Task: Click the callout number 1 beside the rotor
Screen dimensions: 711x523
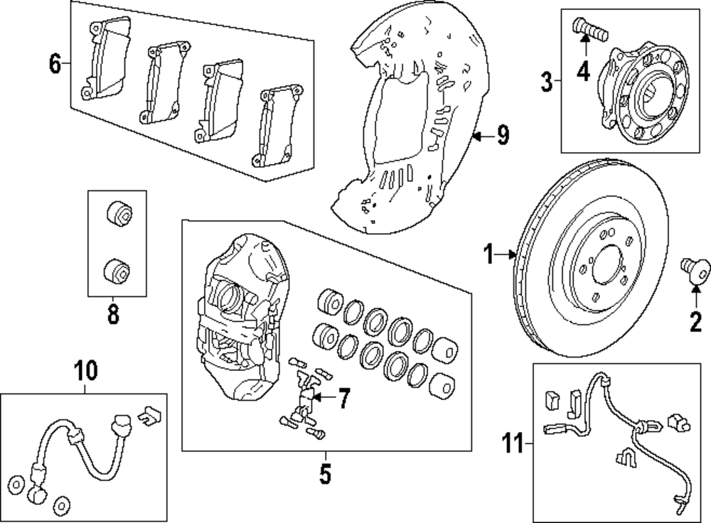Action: click(x=488, y=254)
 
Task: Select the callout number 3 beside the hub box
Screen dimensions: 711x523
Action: click(x=547, y=82)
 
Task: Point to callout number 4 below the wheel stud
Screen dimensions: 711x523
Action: click(x=584, y=71)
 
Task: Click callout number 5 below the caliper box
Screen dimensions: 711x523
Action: click(x=325, y=473)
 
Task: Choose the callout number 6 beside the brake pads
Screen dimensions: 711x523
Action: click(x=55, y=63)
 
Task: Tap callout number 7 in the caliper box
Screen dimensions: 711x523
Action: click(x=344, y=398)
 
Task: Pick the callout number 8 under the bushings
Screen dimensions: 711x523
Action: click(x=113, y=313)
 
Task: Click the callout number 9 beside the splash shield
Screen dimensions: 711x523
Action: click(x=503, y=134)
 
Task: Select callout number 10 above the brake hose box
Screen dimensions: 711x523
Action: click(x=85, y=371)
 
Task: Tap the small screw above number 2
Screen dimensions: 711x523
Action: click(x=695, y=271)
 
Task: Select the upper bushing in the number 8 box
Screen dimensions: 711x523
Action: click(x=119, y=212)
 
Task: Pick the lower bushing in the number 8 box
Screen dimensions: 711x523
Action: click(x=117, y=271)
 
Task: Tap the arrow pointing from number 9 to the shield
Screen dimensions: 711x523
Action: click(x=483, y=136)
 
